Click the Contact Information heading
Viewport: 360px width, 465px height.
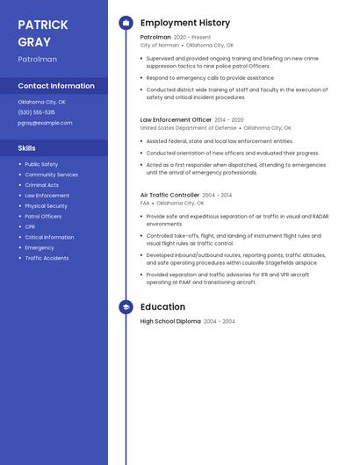point(56,86)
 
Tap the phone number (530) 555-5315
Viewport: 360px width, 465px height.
point(36,112)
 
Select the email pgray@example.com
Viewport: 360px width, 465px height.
point(45,123)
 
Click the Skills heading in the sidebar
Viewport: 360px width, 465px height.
point(26,148)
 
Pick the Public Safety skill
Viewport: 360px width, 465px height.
point(41,164)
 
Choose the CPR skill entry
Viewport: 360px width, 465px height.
point(30,226)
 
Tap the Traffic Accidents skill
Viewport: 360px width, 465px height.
point(47,258)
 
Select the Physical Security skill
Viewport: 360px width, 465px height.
point(46,205)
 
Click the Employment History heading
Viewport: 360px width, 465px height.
point(185,23)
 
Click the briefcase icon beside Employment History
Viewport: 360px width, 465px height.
point(126,23)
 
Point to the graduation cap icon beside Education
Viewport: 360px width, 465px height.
point(126,307)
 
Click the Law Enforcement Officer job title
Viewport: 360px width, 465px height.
point(176,119)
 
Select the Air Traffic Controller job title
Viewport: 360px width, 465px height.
point(169,195)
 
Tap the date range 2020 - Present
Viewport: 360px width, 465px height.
point(192,38)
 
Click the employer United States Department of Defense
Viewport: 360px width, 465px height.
point(188,127)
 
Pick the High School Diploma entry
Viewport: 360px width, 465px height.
point(170,322)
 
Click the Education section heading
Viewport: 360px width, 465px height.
point(162,307)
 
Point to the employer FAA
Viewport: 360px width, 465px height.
point(145,203)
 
